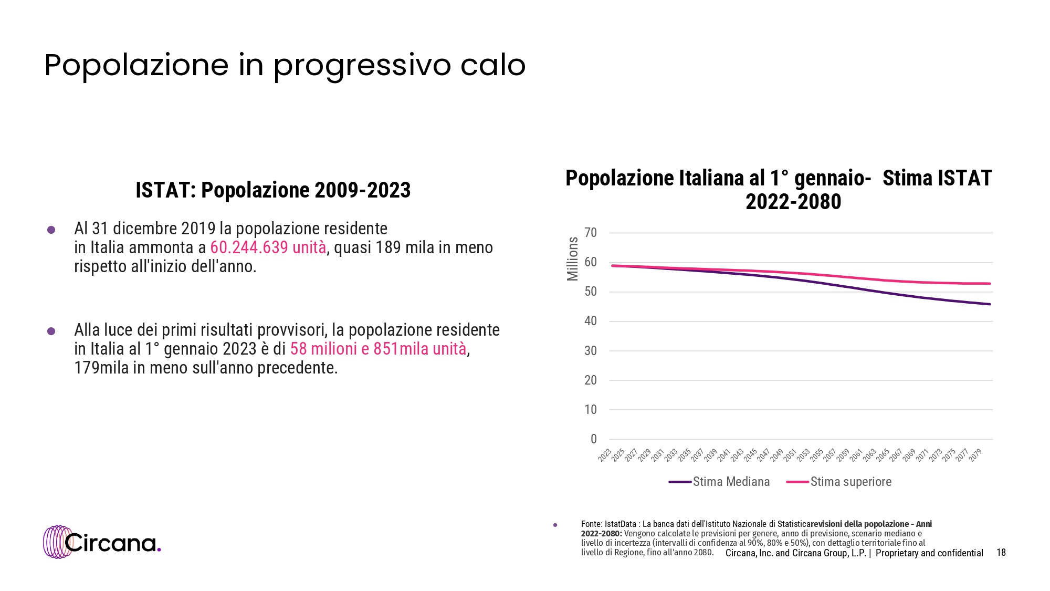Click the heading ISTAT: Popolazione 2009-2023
coord(273,190)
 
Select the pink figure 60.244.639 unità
coord(268,247)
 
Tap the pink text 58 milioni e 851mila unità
coord(378,349)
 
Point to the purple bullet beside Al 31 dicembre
coord(51,230)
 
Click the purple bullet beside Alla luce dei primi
coord(51,331)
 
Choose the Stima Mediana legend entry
coord(719,482)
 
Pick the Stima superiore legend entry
coord(839,482)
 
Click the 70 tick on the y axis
coord(591,233)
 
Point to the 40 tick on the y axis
coord(591,321)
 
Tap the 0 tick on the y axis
coord(594,439)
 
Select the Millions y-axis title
coord(572,259)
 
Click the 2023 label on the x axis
coord(605,455)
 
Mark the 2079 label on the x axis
coord(975,455)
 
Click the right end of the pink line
coord(989,284)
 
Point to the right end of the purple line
coord(989,304)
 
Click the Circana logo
coord(102,542)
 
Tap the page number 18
coord(1001,552)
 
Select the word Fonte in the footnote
coord(591,524)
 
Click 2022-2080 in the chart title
coord(793,202)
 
